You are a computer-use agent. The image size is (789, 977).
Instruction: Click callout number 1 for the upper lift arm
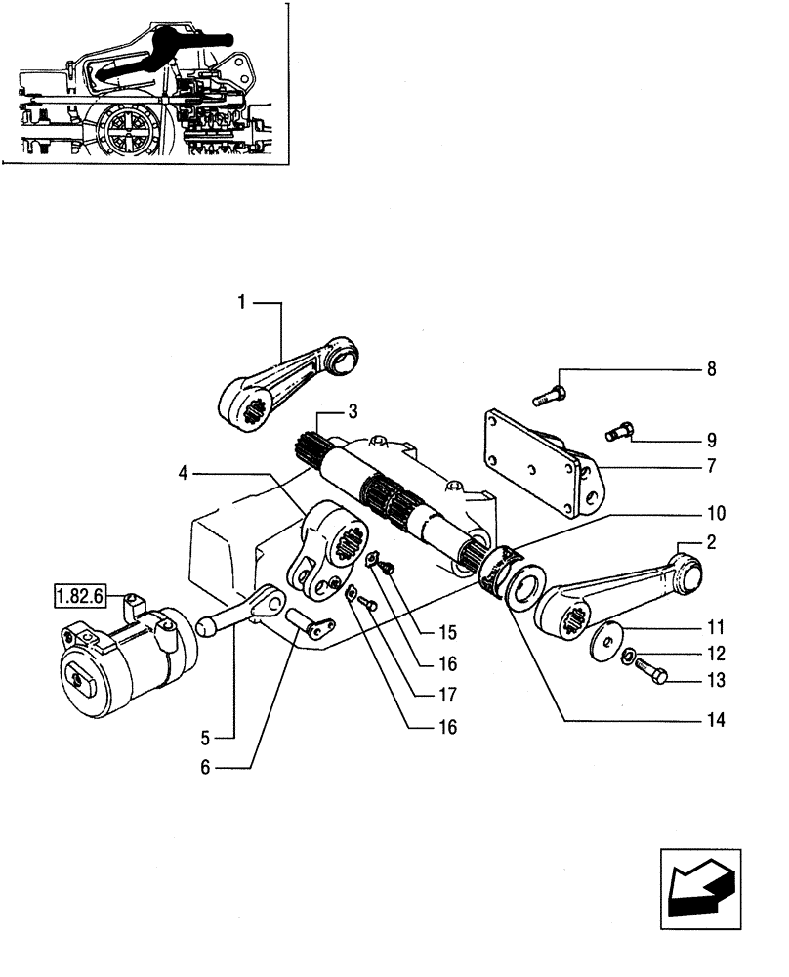pos(239,304)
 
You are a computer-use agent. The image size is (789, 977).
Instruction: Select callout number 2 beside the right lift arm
pos(712,542)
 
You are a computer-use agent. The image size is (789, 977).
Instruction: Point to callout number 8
pos(711,369)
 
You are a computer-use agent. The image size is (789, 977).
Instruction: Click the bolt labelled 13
pos(652,673)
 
